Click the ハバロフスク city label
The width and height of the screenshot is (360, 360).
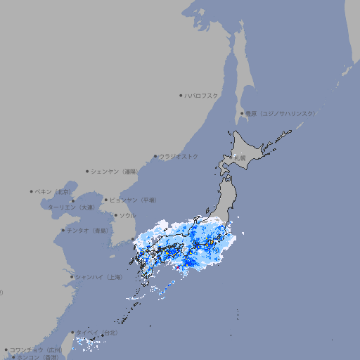click(202, 95)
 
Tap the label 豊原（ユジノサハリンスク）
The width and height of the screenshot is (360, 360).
click(280, 113)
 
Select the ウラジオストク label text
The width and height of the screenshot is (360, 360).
click(179, 156)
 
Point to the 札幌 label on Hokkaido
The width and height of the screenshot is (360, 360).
click(240, 159)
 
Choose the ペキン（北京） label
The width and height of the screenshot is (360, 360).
click(54, 191)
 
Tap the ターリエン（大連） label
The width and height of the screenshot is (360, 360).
click(70, 207)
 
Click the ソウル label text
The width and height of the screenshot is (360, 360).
click(127, 215)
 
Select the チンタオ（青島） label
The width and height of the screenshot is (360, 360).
click(88, 231)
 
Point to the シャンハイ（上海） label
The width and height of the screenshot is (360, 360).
click(98, 277)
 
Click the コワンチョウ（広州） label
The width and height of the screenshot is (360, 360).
click(35, 349)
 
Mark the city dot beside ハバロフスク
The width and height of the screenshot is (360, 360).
click(181, 95)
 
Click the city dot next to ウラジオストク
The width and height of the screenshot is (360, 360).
click(155, 156)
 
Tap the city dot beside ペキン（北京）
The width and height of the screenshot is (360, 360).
click(32, 191)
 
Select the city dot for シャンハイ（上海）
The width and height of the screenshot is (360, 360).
click(72, 277)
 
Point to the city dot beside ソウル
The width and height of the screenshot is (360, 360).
click(115, 215)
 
